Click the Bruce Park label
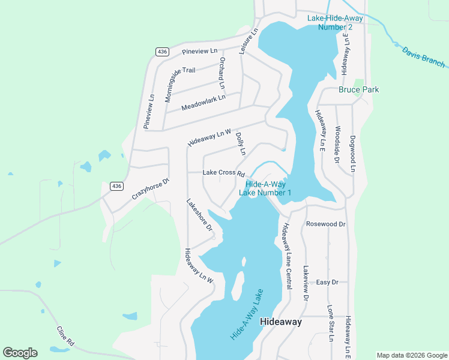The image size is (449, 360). (358, 89)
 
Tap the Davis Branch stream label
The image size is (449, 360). (423, 57)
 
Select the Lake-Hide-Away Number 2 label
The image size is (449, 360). (330, 23)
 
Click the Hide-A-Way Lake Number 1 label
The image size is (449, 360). (265, 188)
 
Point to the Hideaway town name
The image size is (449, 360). (280, 322)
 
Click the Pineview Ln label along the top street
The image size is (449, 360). (199, 52)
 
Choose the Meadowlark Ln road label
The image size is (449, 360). (203, 103)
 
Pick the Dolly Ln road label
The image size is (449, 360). (241, 144)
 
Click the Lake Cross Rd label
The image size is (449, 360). (223, 173)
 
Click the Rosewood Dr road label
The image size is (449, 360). (326, 224)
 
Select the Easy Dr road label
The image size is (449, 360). (327, 282)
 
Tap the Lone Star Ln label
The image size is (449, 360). (330, 323)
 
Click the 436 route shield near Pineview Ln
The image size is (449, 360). (161, 52)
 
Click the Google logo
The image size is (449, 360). (20, 353)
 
